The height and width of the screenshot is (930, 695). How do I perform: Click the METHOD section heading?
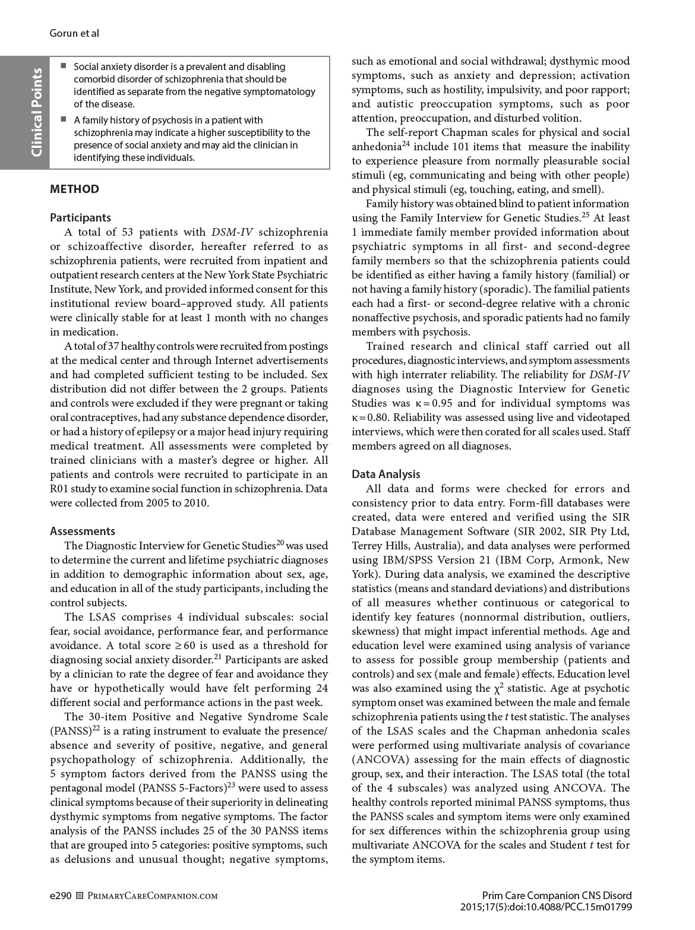coord(74,189)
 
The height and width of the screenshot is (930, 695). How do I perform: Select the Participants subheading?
coord(80,218)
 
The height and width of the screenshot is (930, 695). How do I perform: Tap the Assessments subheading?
coord(83,532)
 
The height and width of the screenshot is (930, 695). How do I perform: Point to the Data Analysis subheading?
coord(386,475)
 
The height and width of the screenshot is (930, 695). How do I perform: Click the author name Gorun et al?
coord(74,33)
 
